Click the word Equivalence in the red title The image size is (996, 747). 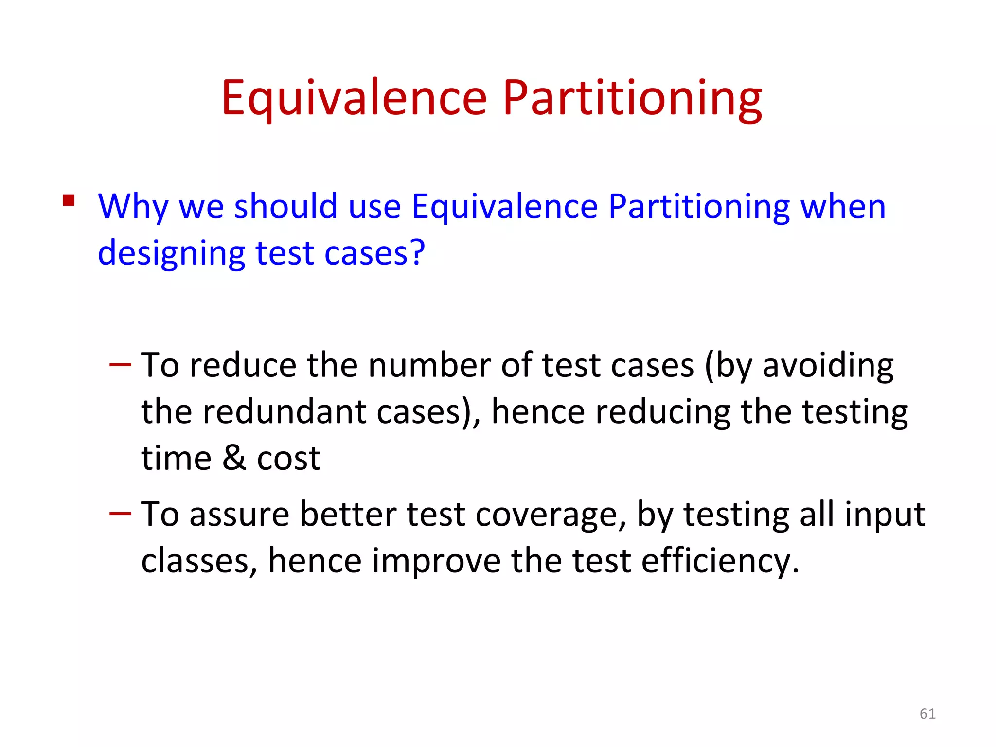354,98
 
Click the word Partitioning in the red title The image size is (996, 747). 632,98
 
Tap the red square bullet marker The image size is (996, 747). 69,200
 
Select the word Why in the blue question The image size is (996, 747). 133,207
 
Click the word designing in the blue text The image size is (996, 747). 171,253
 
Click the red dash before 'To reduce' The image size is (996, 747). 120,364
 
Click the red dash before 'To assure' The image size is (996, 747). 120,513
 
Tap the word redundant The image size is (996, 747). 284,411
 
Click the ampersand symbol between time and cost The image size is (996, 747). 234,458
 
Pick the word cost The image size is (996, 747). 288,459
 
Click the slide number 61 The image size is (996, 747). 927,713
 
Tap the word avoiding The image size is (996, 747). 828,366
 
